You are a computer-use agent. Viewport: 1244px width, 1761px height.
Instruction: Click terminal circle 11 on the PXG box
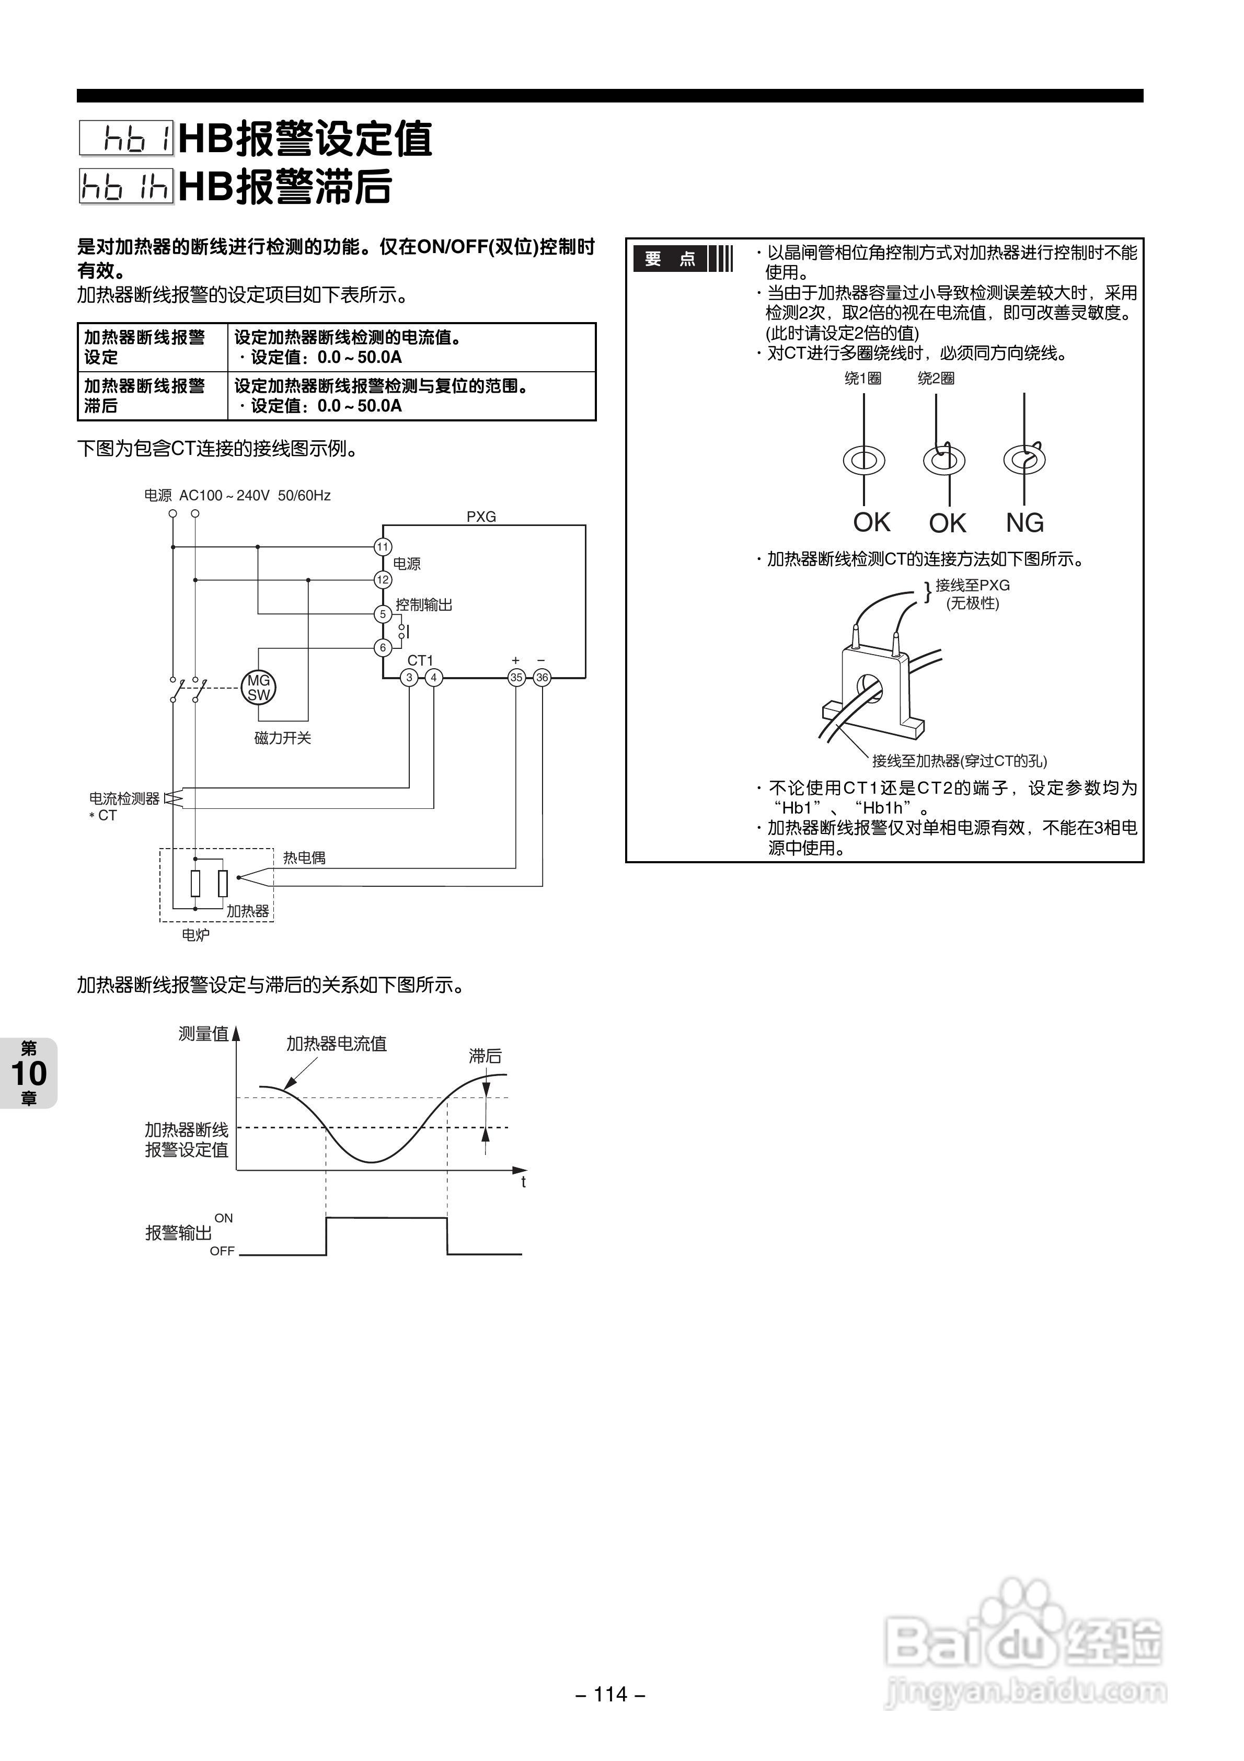383,547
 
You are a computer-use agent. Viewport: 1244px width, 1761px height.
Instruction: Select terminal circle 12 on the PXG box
383,580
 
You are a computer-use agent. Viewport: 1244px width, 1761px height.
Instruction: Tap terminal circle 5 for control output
383,614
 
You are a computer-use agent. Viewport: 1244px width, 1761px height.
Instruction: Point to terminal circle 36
542,677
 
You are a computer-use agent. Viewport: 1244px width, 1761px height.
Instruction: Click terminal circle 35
516,677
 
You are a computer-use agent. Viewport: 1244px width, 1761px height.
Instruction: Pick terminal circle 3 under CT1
410,677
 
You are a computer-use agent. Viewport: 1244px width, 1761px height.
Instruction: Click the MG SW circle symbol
258,687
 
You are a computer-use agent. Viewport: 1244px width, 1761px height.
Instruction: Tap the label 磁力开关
282,738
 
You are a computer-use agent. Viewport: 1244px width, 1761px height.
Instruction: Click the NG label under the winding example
1024,523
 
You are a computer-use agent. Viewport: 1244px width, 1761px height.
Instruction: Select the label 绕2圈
936,378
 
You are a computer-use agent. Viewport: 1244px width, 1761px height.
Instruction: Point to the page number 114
611,1694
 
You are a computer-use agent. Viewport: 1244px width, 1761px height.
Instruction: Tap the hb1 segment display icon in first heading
126,139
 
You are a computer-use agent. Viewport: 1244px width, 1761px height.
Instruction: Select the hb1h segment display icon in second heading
126,186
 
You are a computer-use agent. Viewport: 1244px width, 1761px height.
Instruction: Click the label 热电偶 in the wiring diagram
304,857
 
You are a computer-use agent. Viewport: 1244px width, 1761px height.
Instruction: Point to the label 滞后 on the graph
485,1056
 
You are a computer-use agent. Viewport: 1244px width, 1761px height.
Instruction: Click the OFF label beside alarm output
223,1251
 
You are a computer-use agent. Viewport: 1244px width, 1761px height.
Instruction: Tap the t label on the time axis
523,1182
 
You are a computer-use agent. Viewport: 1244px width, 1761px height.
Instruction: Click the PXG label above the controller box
481,516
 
